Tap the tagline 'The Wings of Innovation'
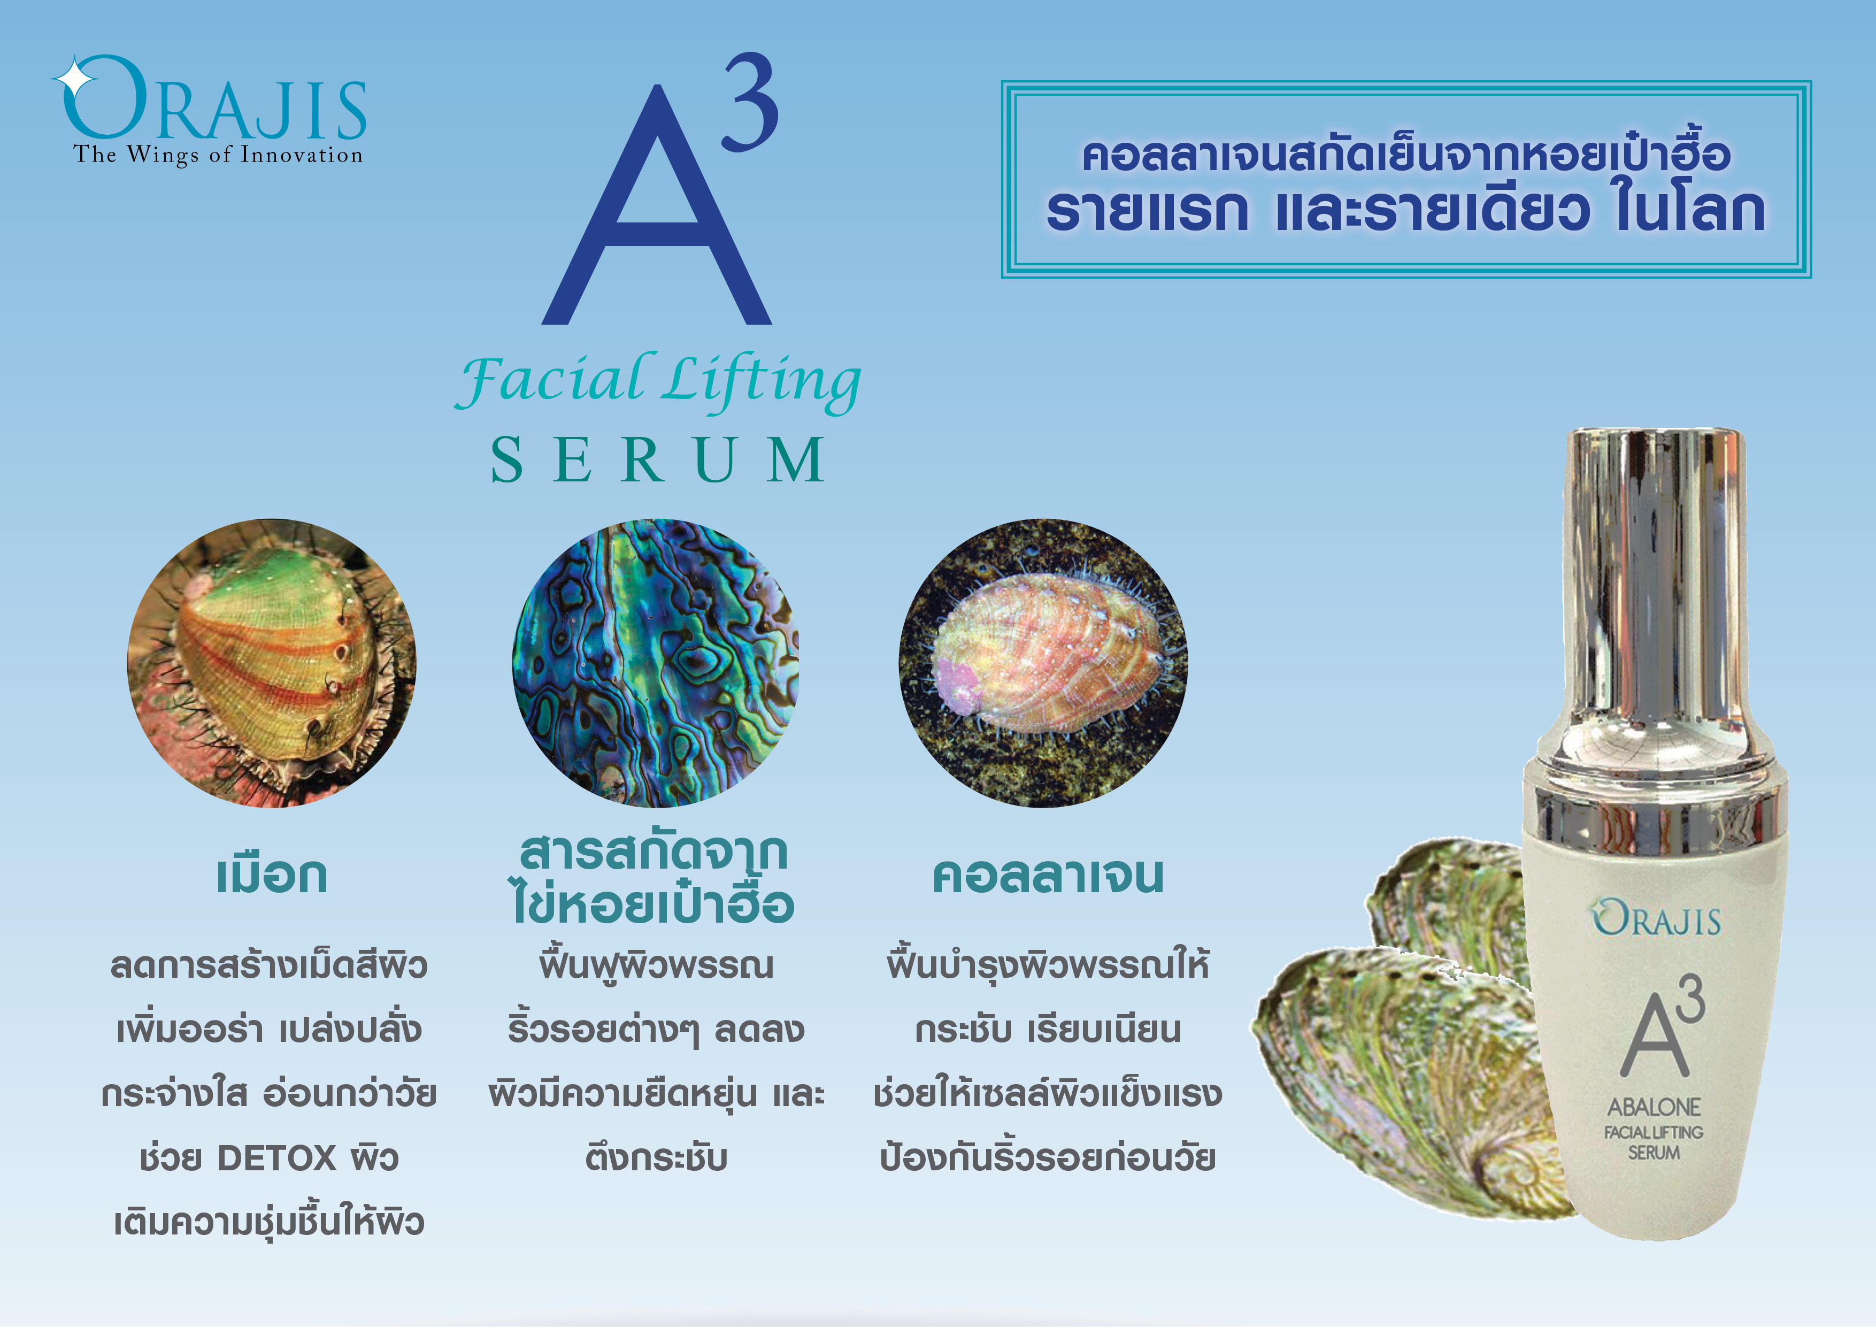218,155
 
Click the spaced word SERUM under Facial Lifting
658,460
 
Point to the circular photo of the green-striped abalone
271,663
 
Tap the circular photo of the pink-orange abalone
1043,663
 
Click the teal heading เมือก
271,875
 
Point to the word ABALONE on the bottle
1654,1107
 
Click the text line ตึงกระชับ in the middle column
656,1158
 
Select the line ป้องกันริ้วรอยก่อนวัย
1048,1158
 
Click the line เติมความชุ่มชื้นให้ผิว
269,1222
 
